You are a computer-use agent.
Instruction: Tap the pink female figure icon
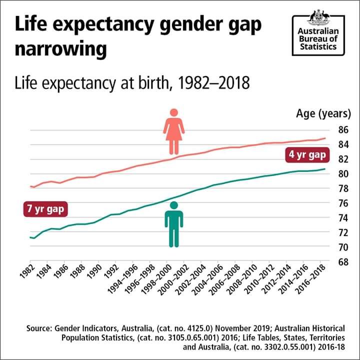(173, 131)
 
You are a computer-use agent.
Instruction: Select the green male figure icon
(174, 224)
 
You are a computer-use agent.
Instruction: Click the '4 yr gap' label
(307, 155)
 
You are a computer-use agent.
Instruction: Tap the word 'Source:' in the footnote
(41, 328)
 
